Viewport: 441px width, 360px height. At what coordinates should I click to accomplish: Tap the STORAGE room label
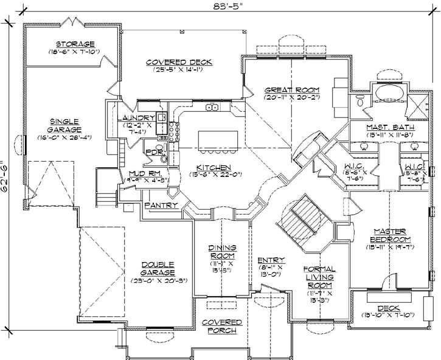click(x=75, y=44)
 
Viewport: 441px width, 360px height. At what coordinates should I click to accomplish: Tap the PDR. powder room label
click(x=152, y=151)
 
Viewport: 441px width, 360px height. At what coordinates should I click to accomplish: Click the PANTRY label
click(x=161, y=206)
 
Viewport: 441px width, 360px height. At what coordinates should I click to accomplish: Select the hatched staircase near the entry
click(x=303, y=217)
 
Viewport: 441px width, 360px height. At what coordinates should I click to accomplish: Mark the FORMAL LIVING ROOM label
click(x=319, y=277)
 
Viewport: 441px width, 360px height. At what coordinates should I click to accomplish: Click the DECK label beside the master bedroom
click(x=388, y=308)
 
